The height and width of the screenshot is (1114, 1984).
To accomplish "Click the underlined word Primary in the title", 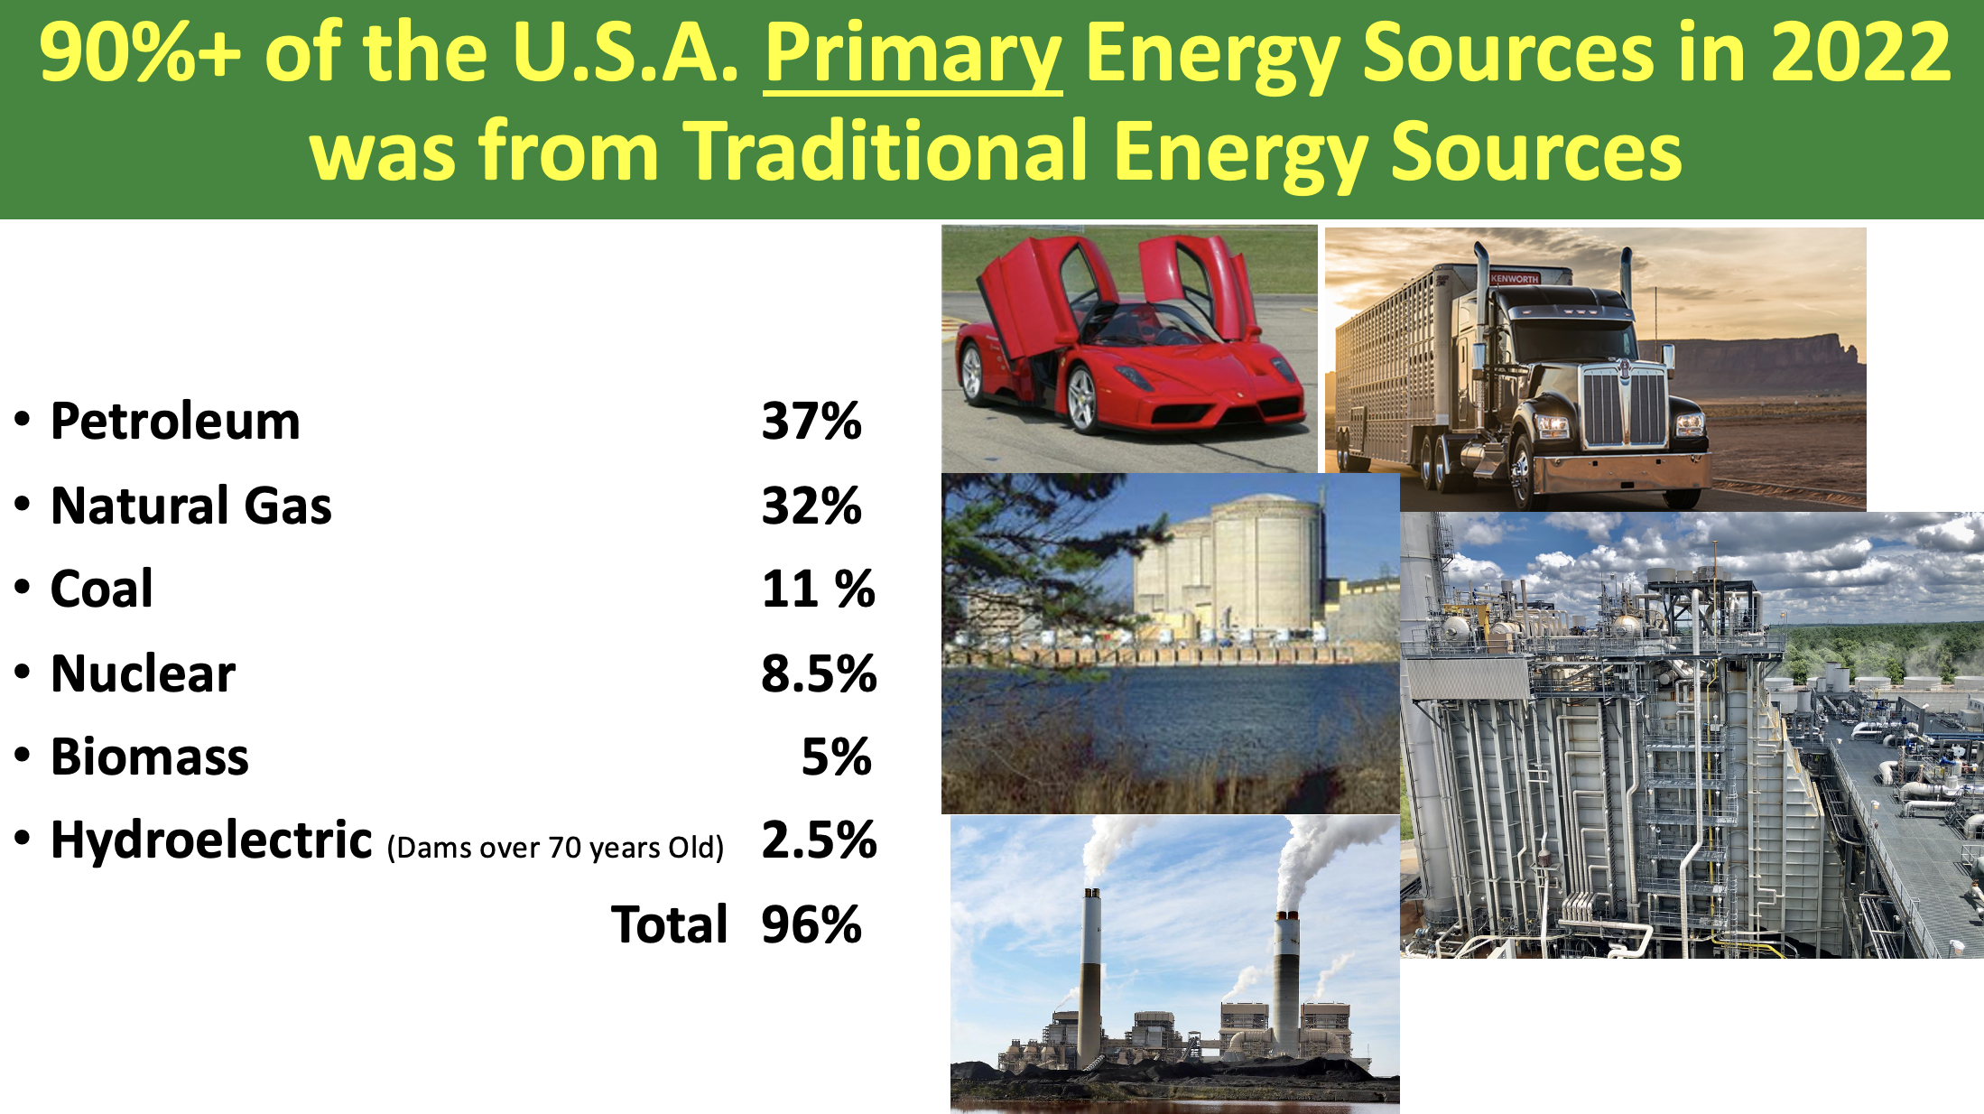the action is (913, 56).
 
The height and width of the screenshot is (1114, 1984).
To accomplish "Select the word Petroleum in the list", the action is (175, 422).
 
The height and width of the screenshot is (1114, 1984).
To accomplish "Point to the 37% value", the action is (811, 422).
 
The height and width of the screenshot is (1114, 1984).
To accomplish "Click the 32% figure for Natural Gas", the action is (811, 506).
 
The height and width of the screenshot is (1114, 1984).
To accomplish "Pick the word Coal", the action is (102, 589).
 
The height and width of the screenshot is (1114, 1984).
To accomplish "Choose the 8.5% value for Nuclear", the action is (819, 673).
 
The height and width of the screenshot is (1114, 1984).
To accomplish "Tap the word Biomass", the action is (150, 757).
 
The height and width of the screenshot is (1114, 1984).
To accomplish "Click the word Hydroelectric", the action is (211, 840).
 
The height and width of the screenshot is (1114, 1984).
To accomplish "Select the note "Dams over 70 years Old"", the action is (556, 848).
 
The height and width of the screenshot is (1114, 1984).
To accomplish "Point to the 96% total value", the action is (811, 924).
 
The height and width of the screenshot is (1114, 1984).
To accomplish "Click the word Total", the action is (670, 924).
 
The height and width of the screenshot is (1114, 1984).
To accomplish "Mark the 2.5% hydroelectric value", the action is (819, 840).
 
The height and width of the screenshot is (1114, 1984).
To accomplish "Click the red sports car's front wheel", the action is (1082, 398).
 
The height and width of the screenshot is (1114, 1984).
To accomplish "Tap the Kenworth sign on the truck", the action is (1514, 279).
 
